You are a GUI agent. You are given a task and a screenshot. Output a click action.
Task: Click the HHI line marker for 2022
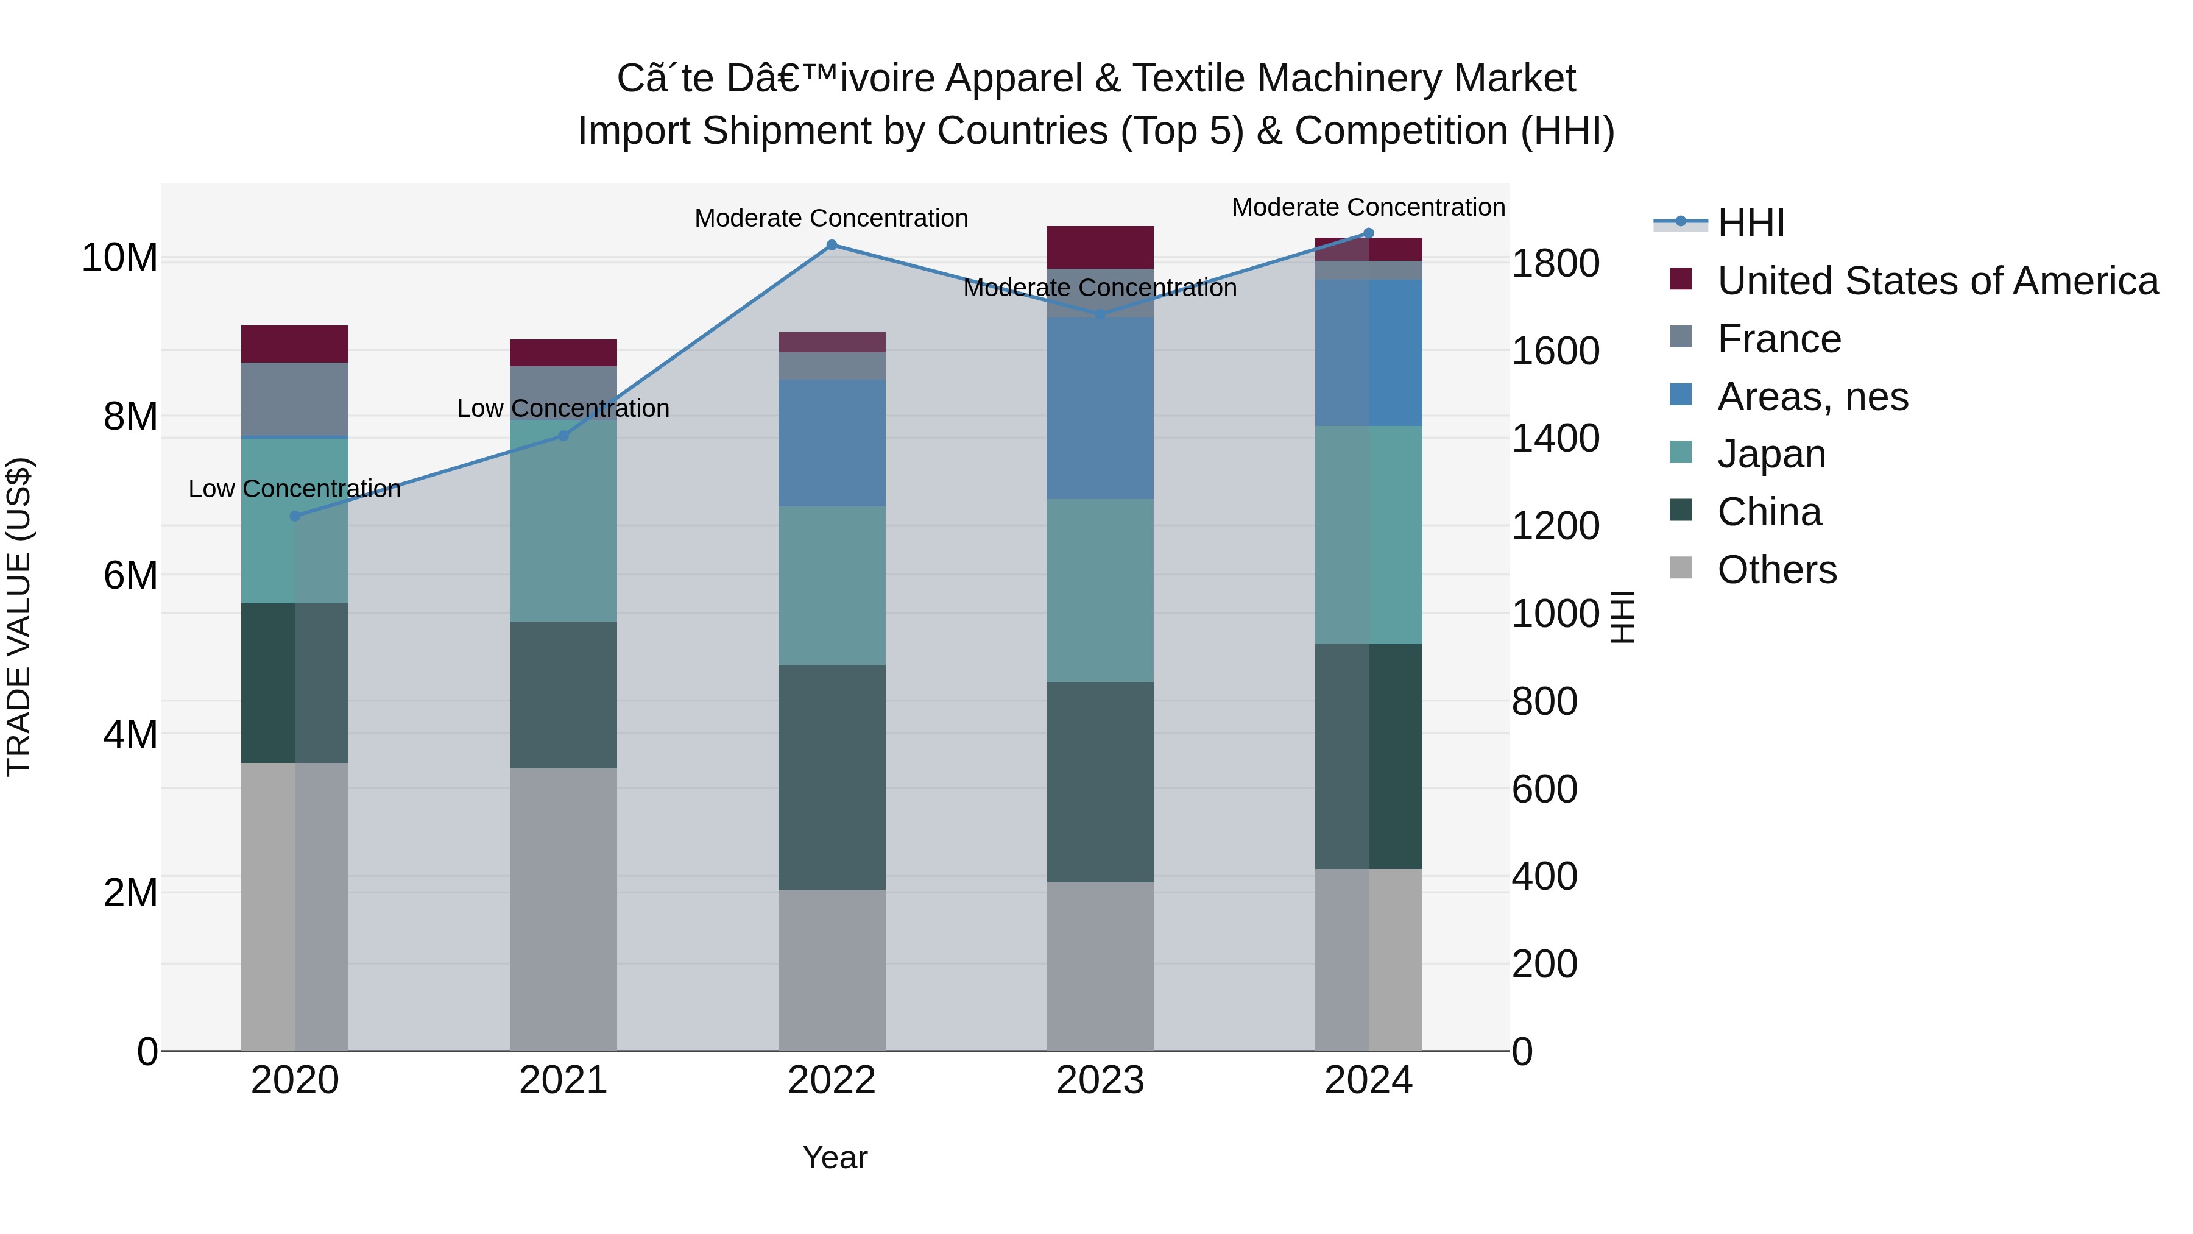[832, 245]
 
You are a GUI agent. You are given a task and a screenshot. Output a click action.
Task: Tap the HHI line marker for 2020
[295, 516]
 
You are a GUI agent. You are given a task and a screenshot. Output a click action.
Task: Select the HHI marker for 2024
[1369, 233]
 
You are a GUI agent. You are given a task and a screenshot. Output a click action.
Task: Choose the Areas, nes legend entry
[1812, 397]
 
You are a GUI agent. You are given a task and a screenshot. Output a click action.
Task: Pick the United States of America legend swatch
[1681, 279]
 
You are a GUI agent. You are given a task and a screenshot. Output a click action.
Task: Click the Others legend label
[1777, 570]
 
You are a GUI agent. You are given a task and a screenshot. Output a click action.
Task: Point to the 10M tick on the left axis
[119, 257]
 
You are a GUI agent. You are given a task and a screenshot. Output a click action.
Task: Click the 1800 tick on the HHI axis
[1555, 263]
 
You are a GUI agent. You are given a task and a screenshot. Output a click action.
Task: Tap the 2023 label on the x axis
[1100, 1080]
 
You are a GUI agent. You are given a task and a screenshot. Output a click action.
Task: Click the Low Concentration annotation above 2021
[563, 409]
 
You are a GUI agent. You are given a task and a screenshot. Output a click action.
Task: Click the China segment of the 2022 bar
[832, 777]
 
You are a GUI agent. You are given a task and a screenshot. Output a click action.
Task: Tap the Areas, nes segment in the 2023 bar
[1100, 409]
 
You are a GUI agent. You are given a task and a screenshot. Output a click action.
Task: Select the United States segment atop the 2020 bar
[295, 344]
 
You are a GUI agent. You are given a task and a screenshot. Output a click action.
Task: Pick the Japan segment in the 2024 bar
[1369, 535]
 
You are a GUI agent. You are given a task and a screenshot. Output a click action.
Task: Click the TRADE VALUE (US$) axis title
[19, 617]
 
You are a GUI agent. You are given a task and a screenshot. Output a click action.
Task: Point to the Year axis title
[835, 1157]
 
